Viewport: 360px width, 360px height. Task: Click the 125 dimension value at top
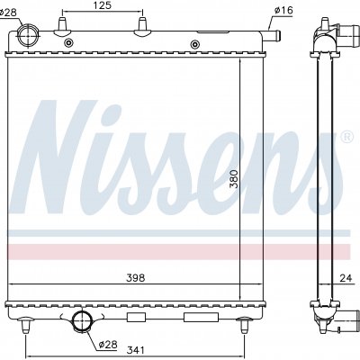click(103, 5)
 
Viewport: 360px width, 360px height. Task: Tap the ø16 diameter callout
click(283, 11)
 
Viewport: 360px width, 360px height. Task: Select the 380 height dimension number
click(234, 179)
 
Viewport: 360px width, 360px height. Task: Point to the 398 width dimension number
click(136, 278)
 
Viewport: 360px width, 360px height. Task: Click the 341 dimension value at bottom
click(136, 350)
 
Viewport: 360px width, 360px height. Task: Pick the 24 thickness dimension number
click(346, 278)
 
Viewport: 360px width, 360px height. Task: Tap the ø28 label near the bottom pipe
click(108, 345)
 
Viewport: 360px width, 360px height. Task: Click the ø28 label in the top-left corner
click(8, 13)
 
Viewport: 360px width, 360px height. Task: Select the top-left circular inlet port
click(28, 35)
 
